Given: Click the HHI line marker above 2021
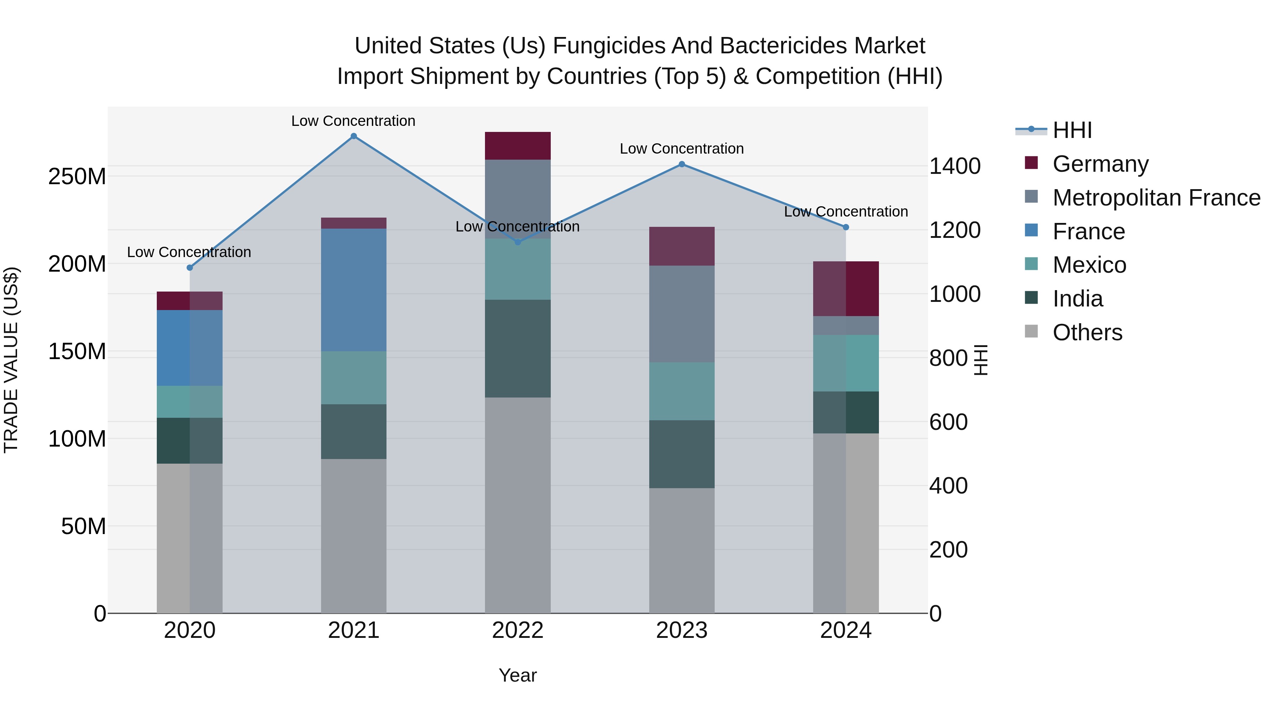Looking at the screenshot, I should click(353, 136).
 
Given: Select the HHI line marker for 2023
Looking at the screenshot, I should click(682, 164).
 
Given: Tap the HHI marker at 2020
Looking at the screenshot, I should click(189, 268).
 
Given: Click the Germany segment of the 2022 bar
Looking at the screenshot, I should click(517, 145).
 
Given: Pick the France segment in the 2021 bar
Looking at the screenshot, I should click(353, 290).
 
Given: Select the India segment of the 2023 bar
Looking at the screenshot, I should click(682, 454).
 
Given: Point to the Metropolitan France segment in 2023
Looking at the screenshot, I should click(682, 314).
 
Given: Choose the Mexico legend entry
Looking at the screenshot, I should click(1089, 265).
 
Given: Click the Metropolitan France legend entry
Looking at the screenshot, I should click(1156, 198).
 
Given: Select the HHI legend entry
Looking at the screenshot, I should click(1072, 130).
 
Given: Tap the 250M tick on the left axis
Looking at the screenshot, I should click(77, 176).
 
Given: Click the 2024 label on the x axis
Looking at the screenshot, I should click(846, 630).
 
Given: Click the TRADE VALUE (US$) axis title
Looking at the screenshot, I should click(11, 360).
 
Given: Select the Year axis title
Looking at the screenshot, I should click(517, 675).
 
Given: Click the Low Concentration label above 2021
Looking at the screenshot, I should click(353, 121).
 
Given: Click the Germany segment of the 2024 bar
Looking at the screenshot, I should click(846, 289).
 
